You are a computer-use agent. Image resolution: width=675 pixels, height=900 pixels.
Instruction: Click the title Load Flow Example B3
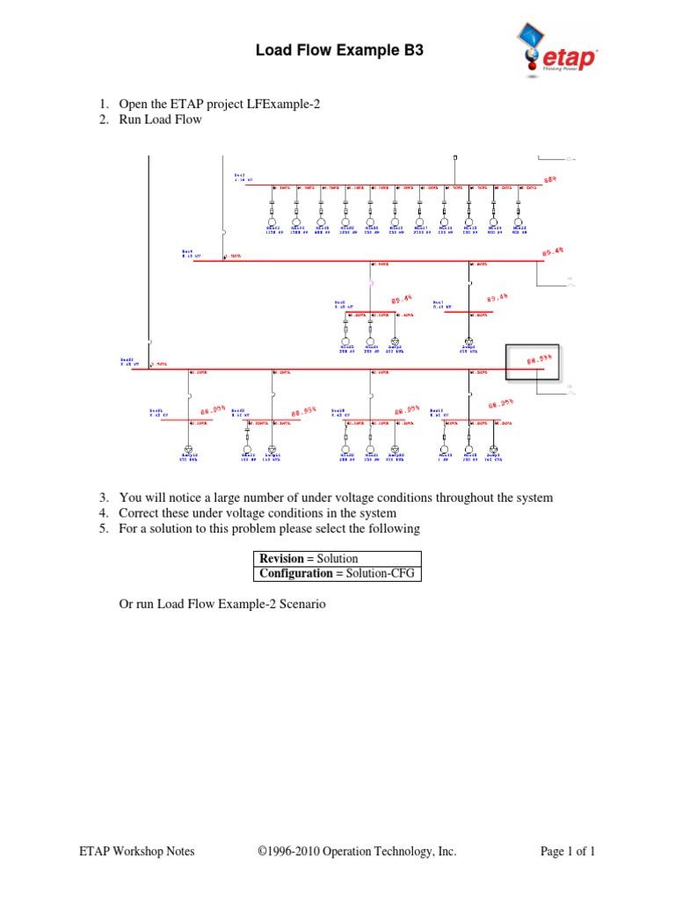(339, 51)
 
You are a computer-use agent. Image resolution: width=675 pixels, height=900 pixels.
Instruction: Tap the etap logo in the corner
(555, 51)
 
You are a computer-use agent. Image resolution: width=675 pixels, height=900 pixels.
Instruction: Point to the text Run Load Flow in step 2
(160, 120)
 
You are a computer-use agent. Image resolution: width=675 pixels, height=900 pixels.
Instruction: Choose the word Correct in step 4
(140, 512)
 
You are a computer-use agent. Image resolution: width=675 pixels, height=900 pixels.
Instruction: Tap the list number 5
(103, 528)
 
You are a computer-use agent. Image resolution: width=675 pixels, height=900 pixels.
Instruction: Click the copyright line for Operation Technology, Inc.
(357, 851)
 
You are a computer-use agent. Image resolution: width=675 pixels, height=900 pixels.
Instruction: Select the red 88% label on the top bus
(550, 179)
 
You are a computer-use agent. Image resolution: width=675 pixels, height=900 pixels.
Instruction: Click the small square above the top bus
(454, 157)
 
